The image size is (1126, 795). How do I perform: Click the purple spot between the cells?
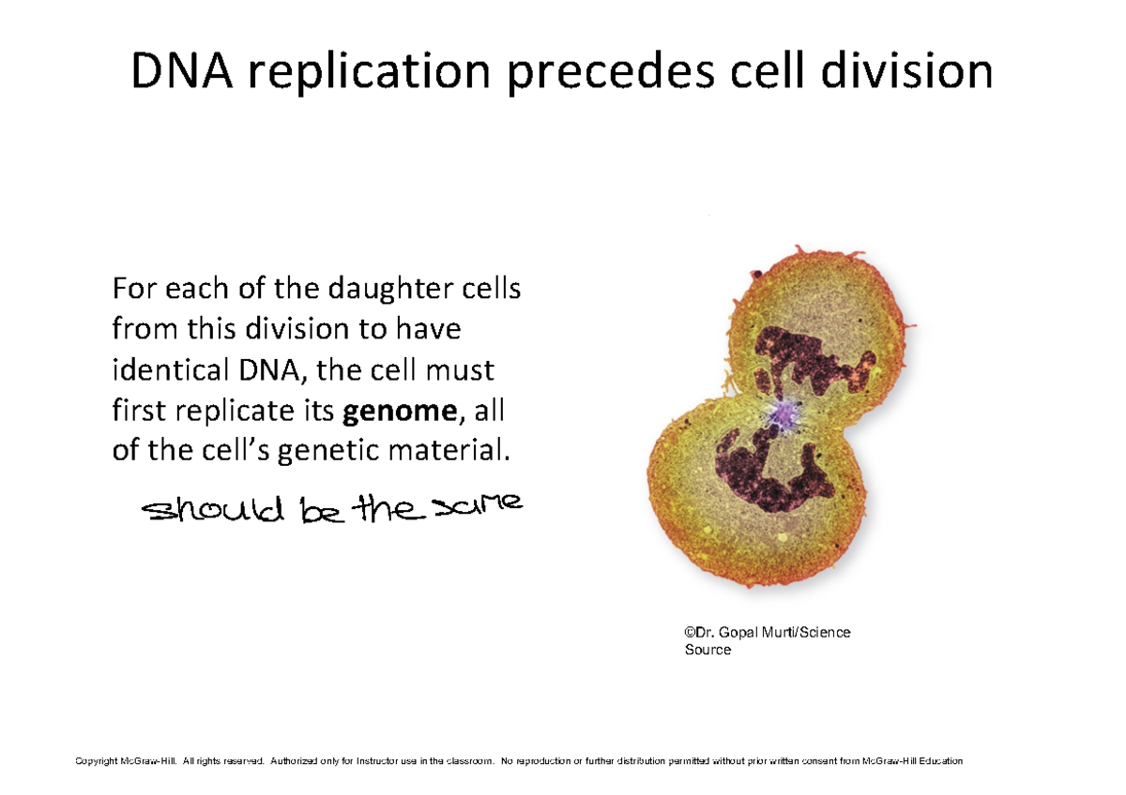point(782,413)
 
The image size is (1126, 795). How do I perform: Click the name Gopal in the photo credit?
point(739,633)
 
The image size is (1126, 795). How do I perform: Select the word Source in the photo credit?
point(708,650)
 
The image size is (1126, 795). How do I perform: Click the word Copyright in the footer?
point(98,761)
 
